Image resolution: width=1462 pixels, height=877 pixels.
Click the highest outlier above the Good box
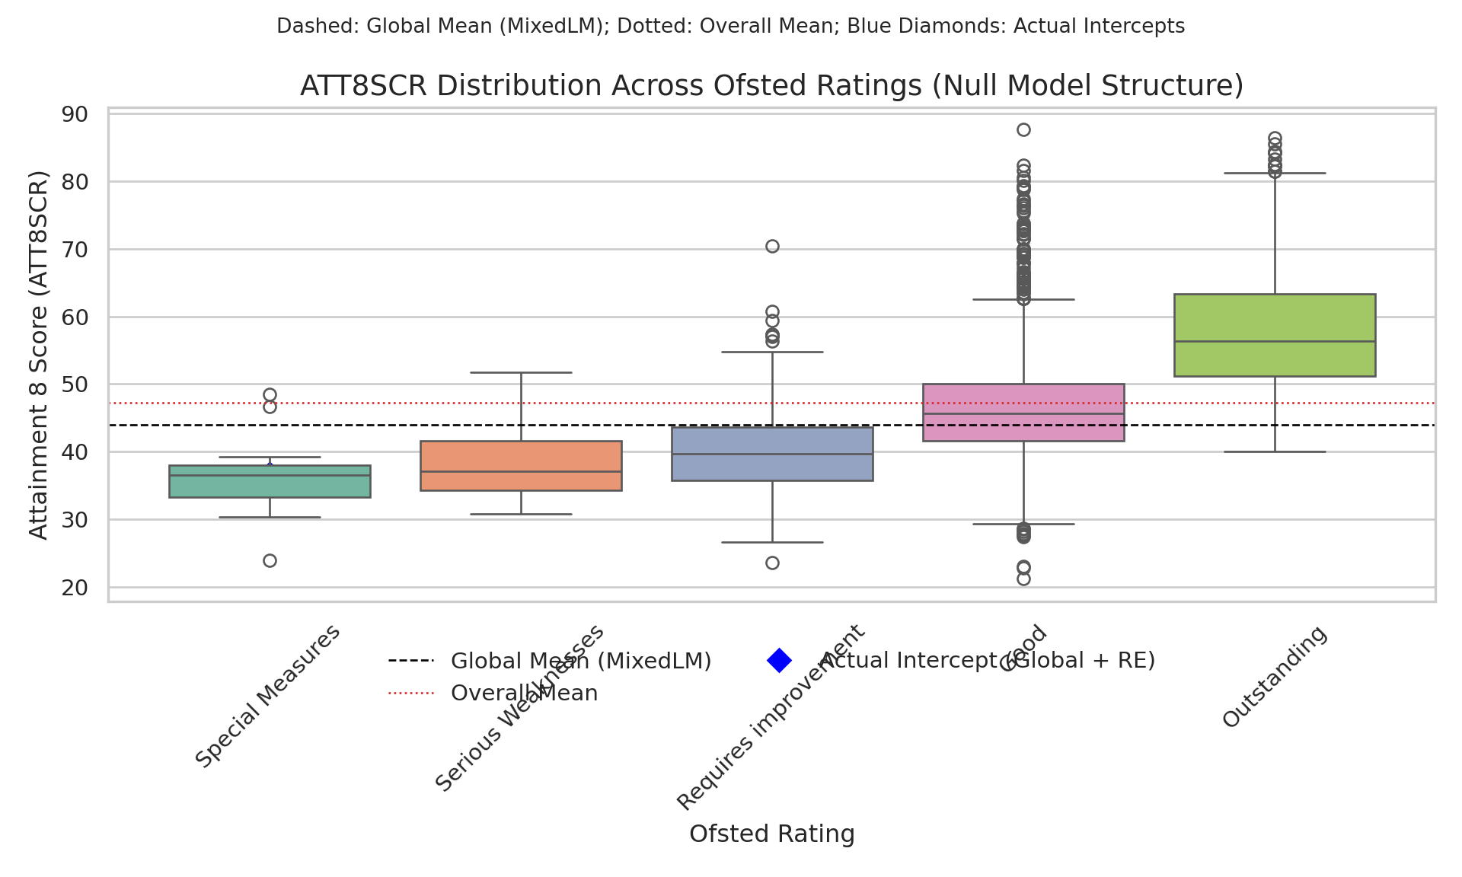pos(1023,129)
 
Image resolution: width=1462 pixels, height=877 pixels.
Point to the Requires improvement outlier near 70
pos(772,246)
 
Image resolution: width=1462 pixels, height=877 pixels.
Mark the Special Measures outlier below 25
pos(270,561)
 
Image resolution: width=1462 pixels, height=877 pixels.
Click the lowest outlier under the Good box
pos(1023,579)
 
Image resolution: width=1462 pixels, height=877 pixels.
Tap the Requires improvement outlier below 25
pos(772,563)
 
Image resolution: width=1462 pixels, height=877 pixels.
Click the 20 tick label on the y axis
pos(75,588)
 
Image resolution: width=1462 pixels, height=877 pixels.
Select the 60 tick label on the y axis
pos(75,317)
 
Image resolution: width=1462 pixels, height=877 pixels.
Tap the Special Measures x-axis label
pos(268,696)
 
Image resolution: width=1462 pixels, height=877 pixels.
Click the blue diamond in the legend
pos(779,661)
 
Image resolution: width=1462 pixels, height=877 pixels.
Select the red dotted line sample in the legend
pos(410,693)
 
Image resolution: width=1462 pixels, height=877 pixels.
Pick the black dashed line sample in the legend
pos(410,661)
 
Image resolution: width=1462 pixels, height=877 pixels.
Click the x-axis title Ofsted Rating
pos(771,834)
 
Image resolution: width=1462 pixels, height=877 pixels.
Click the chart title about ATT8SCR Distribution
pos(771,85)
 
